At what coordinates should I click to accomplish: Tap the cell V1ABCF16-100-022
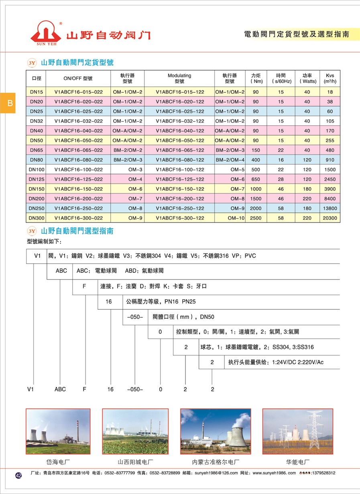coord(78,169)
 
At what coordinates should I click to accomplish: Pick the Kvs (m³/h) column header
coord(330,78)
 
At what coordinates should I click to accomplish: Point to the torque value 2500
coord(256,218)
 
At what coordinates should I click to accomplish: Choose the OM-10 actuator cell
coord(236,218)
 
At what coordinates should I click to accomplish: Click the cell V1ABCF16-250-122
coord(180,208)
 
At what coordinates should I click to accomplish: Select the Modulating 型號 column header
coord(179,78)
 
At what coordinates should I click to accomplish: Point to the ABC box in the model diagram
coord(61,271)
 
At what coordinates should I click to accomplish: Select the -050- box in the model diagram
coord(135,316)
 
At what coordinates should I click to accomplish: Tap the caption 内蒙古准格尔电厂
coord(216,462)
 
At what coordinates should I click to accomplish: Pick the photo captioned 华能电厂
coord(297,431)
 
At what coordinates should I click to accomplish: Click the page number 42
coord(18,475)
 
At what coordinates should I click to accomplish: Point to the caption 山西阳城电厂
coord(135,462)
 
